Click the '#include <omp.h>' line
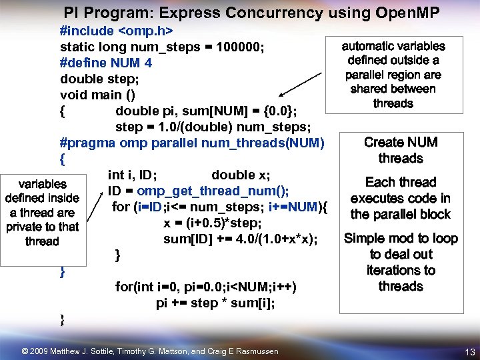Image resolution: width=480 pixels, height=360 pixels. (x=117, y=31)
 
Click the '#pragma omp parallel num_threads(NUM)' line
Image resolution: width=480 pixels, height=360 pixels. (x=192, y=143)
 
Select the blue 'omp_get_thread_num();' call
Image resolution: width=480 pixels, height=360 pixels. (x=213, y=191)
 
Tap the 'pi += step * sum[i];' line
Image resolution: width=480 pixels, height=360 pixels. (x=215, y=303)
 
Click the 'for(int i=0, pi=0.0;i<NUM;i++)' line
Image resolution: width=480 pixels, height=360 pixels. (x=206, y=287)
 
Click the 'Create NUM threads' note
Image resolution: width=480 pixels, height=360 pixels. (x=401, y=150)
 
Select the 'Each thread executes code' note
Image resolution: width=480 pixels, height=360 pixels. (x=401, y=198)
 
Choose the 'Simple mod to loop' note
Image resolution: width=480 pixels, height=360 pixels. (x=401, y=262)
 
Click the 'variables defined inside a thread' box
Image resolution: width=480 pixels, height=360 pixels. (x=42, y=212)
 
